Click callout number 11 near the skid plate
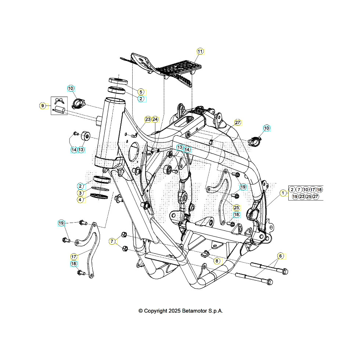click(x=200, y=51)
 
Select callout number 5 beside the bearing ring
click(x=141, y=91)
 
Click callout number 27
click(x=237, y=122)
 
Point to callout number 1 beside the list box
click(x=283, y=193)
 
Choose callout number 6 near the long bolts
click(x=280, y=256)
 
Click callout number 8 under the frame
click(x=217, y=260)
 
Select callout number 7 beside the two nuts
click(x=112, y=241)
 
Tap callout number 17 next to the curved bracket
click(x=74, y=256)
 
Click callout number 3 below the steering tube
click(x=80, y=193)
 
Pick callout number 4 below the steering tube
click(x=80, y=200)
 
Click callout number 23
click(x=148, y=119)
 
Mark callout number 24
click(x=155, y=119)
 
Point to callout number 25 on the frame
click(x=236, y=207)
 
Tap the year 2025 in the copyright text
click(x=174, y=311)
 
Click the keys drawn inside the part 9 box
click(x=59, y=100)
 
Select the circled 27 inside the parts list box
click(x=316, y=197)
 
